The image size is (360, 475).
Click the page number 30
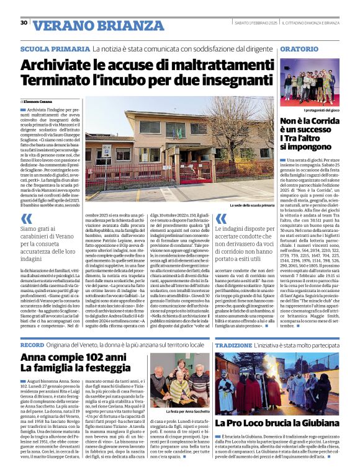point(24,22)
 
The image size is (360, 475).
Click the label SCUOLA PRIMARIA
point(55,48)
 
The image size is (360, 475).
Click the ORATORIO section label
point(302,48)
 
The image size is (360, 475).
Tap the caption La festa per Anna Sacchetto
point(188,411)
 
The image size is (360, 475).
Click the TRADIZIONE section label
point(233,344)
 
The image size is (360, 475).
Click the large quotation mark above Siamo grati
point(27,219)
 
